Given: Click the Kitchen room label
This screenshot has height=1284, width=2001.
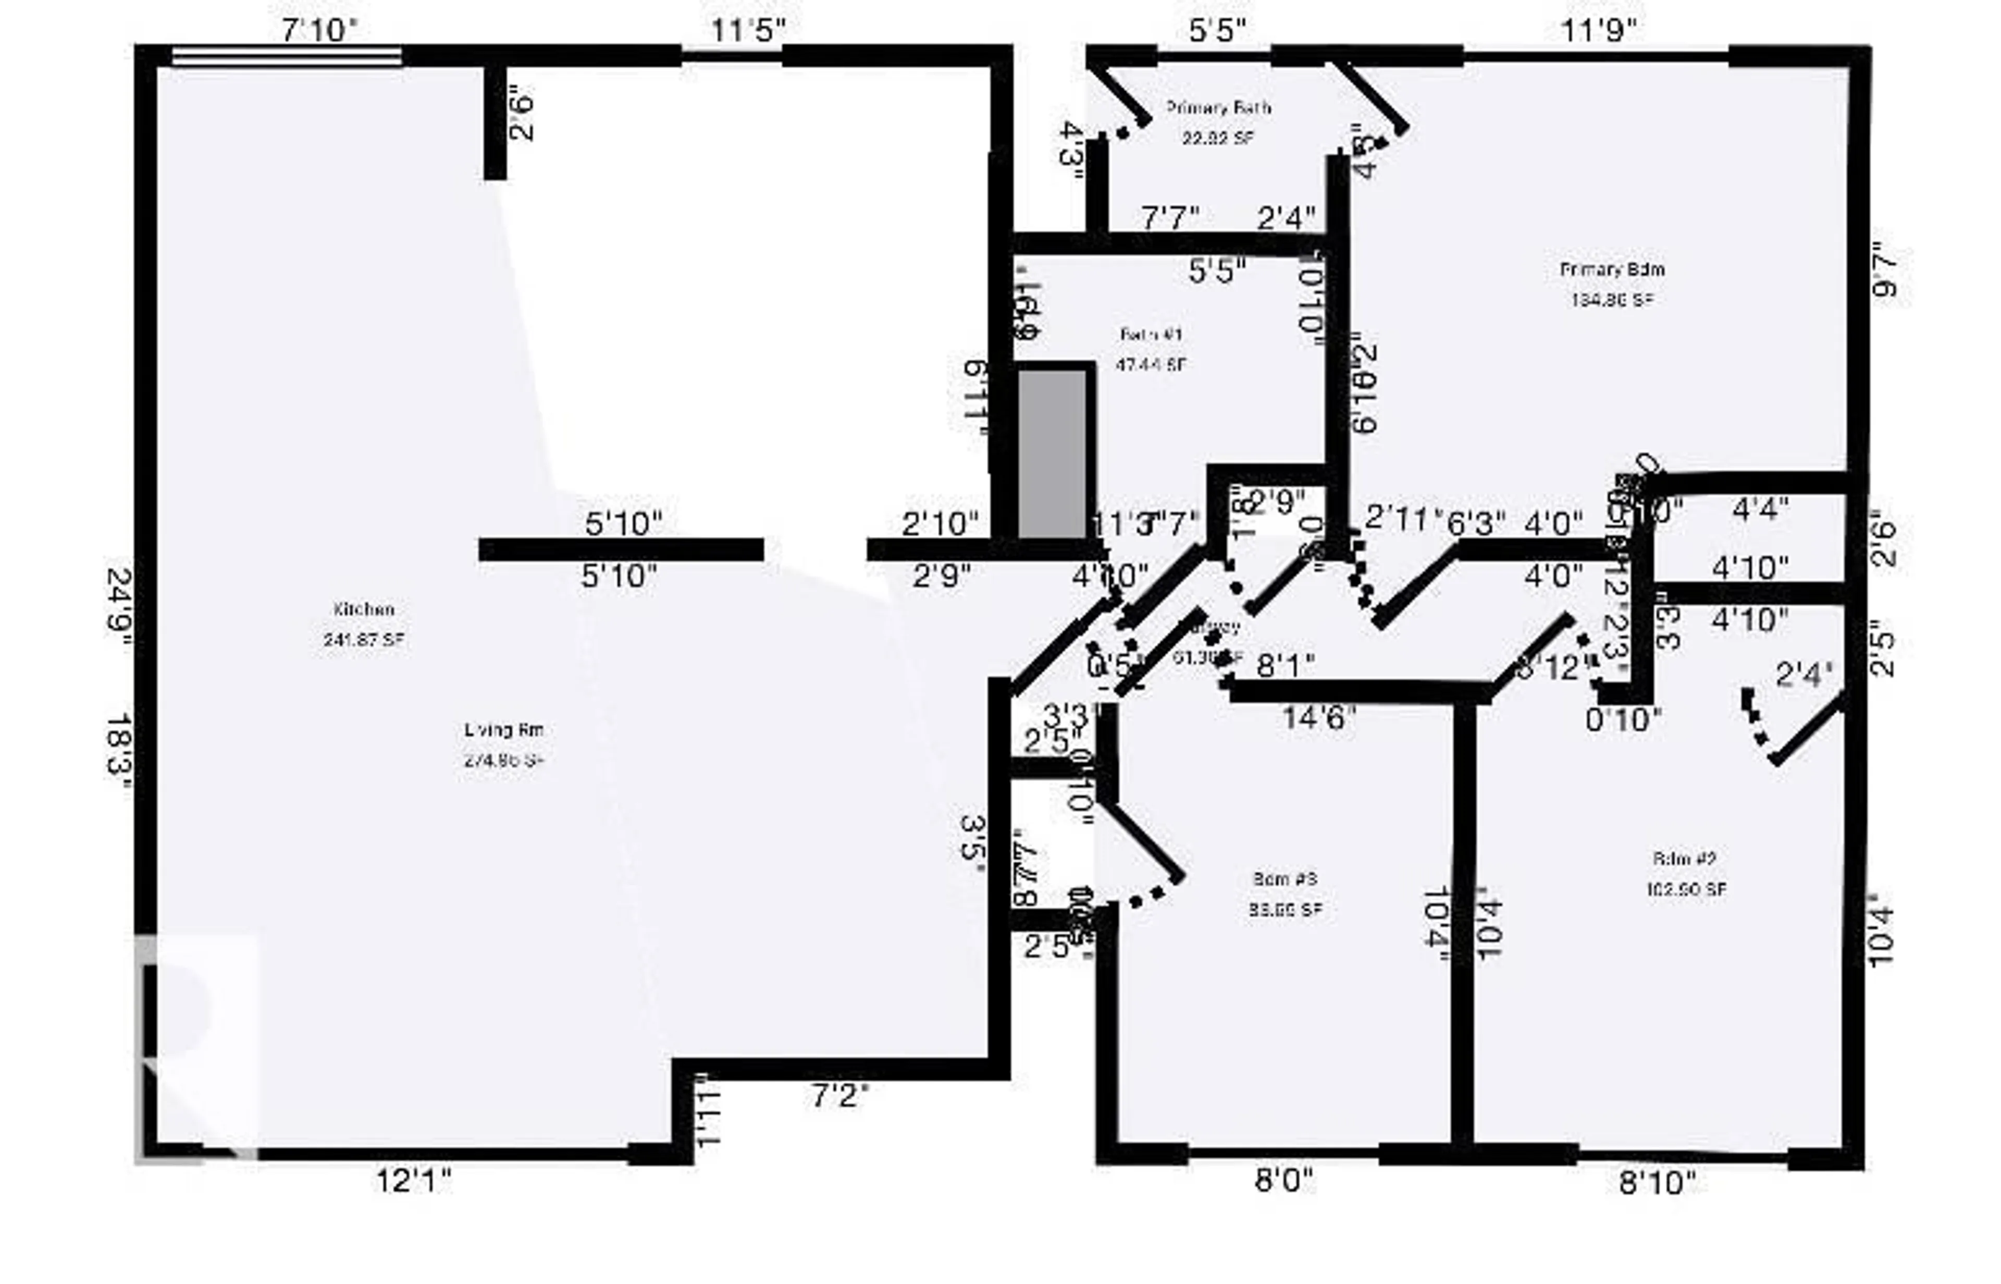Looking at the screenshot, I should (363, 609).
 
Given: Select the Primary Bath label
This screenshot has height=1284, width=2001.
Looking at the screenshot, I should (1218, 107).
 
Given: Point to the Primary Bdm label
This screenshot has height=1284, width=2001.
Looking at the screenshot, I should (1612, 270).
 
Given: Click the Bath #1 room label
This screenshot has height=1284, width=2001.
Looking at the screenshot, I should (1151, 334).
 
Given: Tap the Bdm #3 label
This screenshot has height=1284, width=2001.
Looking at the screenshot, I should (1284, 879).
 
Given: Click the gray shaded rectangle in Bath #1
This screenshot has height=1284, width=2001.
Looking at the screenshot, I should (1052, 455).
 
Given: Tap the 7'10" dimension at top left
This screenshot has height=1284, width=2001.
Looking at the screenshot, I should (319, 31).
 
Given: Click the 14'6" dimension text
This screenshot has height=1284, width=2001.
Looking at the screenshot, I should (1319, 718).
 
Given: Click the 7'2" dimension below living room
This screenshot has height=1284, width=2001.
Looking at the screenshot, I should (840, 1096).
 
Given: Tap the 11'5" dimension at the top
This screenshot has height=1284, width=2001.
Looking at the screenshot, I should (748, 31).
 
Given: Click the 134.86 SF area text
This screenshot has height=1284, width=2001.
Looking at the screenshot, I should (1612, 300).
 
